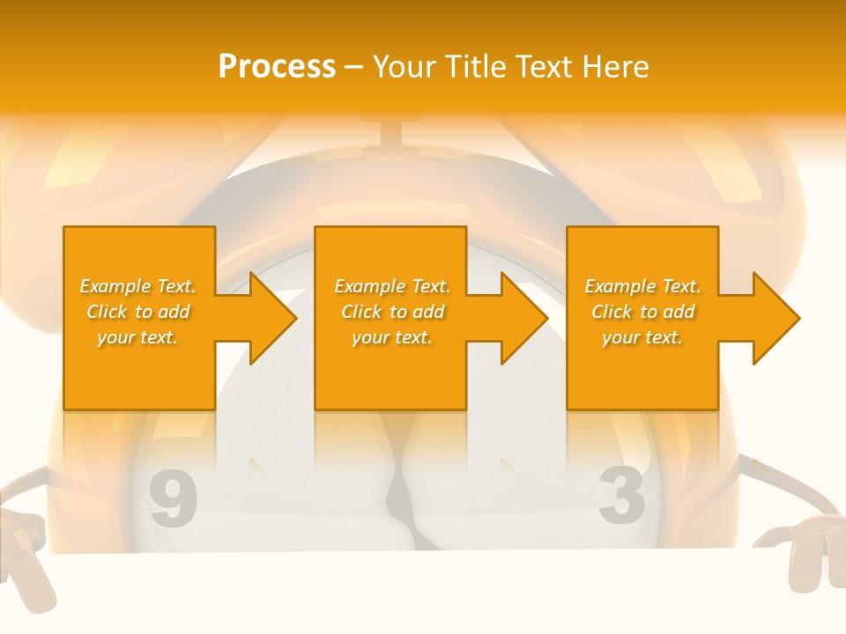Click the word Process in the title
[x=277, y=67]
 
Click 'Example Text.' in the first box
[x=137, y=286]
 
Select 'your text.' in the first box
[x=137, y=337]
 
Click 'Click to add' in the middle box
[x=392, y=312]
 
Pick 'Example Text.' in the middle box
[x=392, y=286]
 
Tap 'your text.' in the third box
[x=642, y=337]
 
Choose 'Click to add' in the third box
[x=642, y=312]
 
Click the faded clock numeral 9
[x=173, y=498]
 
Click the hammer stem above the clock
[x=390, y=132]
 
